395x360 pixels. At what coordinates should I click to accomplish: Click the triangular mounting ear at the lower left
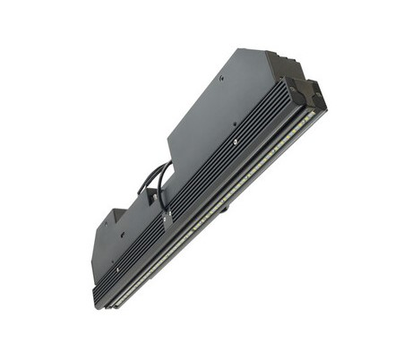pos(111,219)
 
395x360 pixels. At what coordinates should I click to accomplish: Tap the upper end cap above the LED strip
pos(310,93)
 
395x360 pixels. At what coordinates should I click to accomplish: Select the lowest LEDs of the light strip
pos(121,296)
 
